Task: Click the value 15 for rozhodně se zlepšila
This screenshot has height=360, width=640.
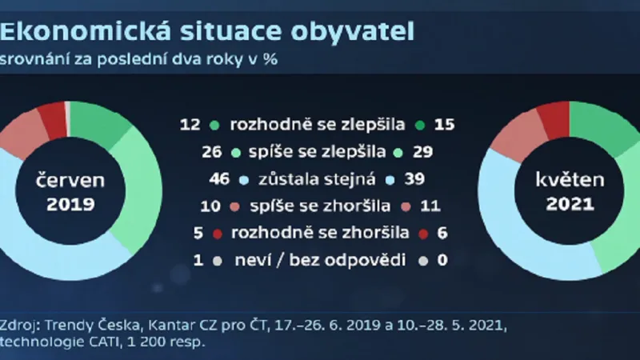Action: [x=444, y=125]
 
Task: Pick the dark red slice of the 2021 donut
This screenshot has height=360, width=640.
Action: [x=553, y=118]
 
